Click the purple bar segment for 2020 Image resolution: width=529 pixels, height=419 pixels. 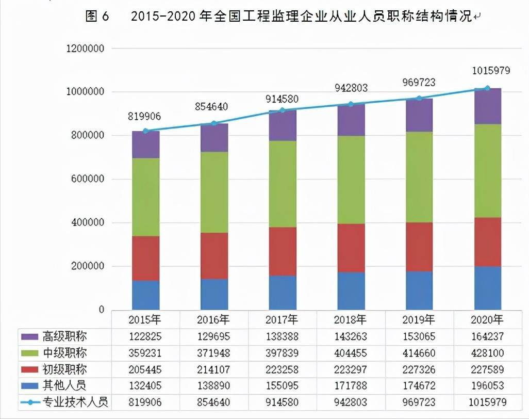488,106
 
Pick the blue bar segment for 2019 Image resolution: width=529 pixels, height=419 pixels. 419,290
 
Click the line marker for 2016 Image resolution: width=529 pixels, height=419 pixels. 214,123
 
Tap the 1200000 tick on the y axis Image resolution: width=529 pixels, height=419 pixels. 86,49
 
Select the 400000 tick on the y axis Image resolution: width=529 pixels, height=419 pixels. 88,223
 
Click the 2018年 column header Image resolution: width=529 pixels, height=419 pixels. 351,319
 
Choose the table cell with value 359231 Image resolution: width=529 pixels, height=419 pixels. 145,353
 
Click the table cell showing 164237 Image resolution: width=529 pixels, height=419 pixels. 488,337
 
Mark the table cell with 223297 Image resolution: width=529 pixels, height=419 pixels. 351,369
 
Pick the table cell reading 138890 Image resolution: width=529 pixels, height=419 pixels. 214,385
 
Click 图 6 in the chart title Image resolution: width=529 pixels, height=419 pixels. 97,17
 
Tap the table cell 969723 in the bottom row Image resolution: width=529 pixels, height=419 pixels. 419,402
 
